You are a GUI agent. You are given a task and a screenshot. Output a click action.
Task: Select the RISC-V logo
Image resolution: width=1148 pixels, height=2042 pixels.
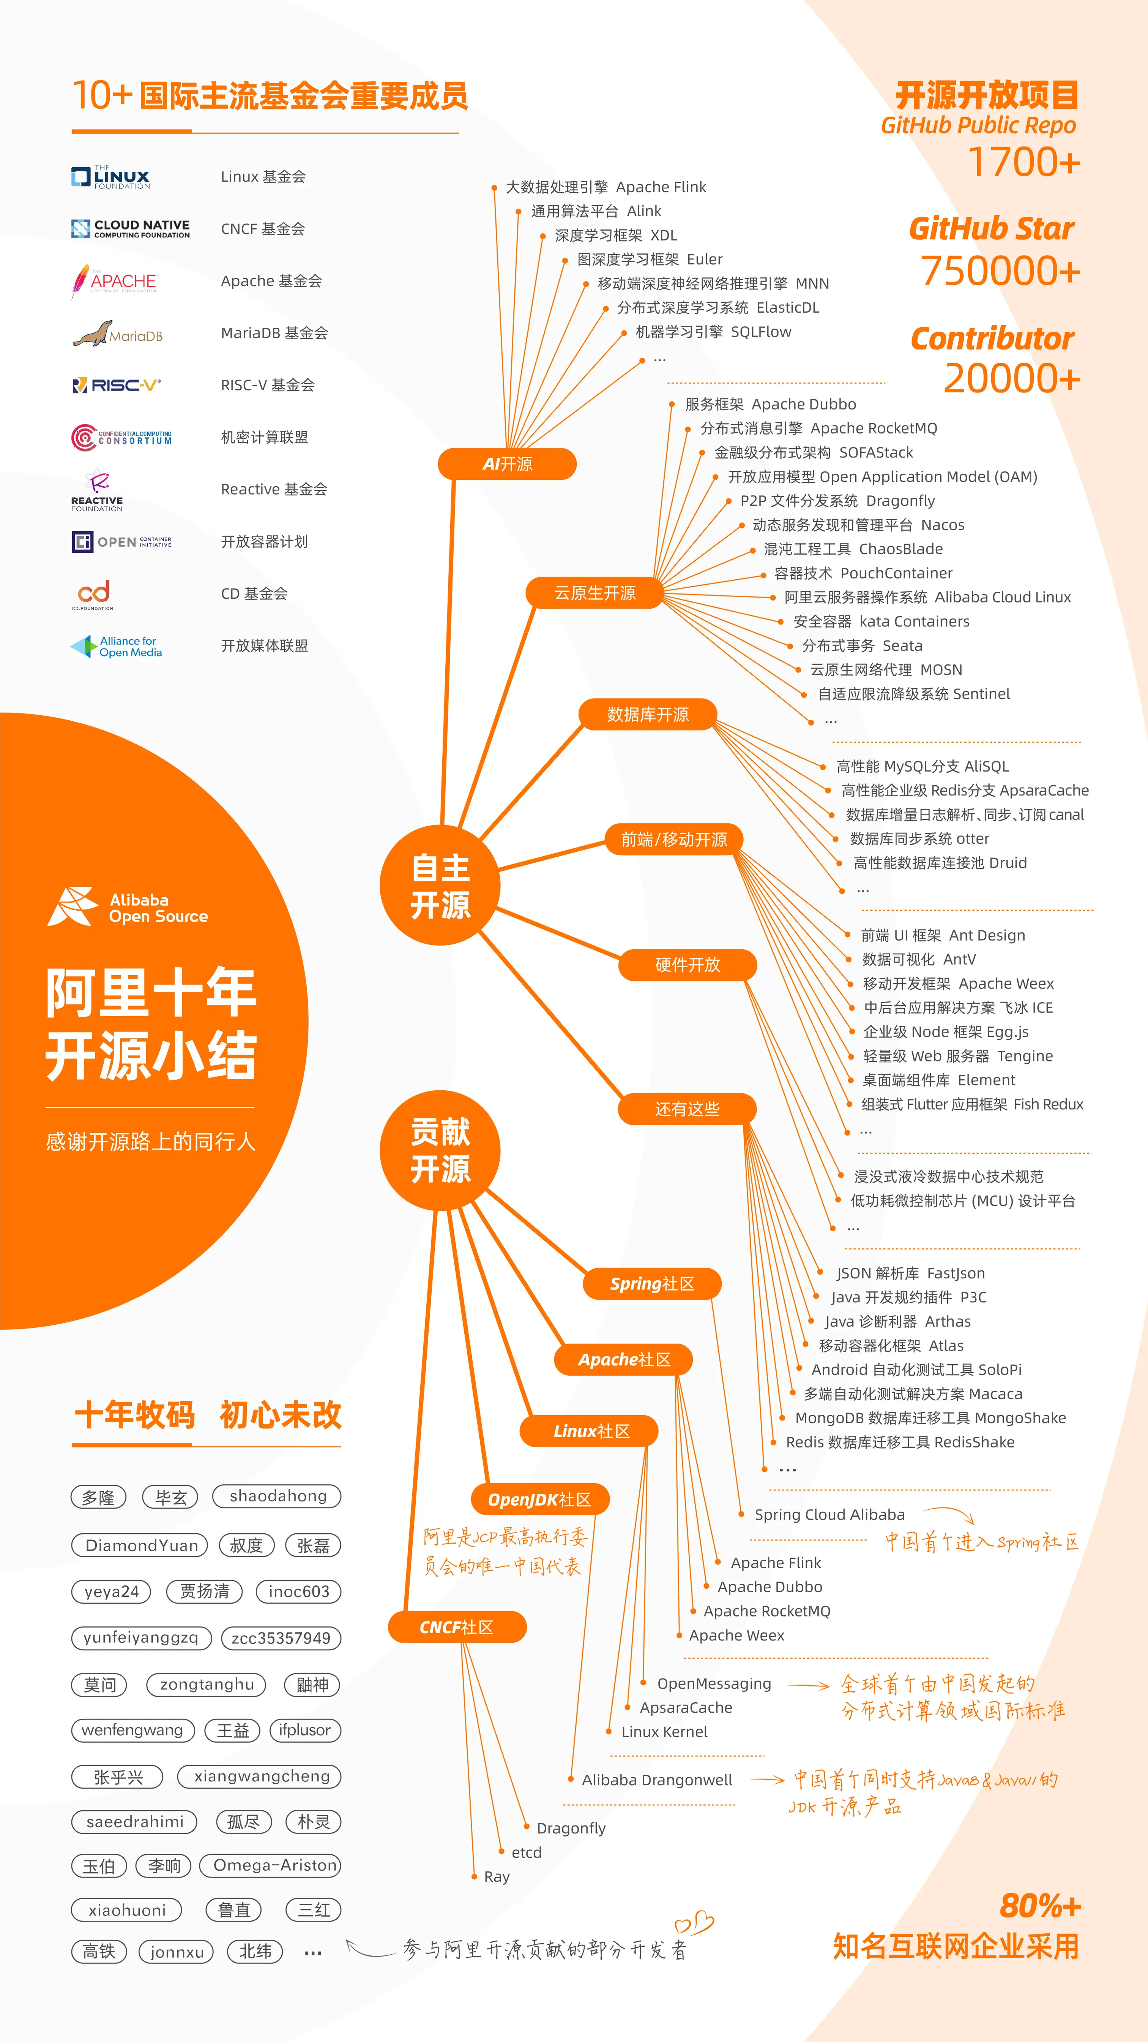click(x=116, y=385)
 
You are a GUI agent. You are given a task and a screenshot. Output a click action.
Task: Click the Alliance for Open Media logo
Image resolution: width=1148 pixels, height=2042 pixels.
click(x=117, y=647)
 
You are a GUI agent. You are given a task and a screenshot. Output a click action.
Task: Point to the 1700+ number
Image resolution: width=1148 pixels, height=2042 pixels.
click(x=1023, y=163)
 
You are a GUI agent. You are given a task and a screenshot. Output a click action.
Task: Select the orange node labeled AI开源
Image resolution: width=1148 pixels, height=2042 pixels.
click(x=507, y=464)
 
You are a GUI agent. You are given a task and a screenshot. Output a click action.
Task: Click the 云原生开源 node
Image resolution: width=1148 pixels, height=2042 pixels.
click(x=594, y=593)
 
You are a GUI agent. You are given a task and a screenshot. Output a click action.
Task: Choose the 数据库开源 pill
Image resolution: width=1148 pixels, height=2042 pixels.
click(x=647, y=714)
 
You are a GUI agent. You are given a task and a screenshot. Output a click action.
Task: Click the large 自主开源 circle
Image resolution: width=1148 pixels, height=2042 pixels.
click(x=440, y=886)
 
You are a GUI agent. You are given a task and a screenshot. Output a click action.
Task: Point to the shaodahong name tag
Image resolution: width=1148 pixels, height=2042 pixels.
click(x=277, y=1496)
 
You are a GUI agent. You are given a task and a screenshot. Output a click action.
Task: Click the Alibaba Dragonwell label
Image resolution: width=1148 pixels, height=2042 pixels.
click(x=657, y=1779)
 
